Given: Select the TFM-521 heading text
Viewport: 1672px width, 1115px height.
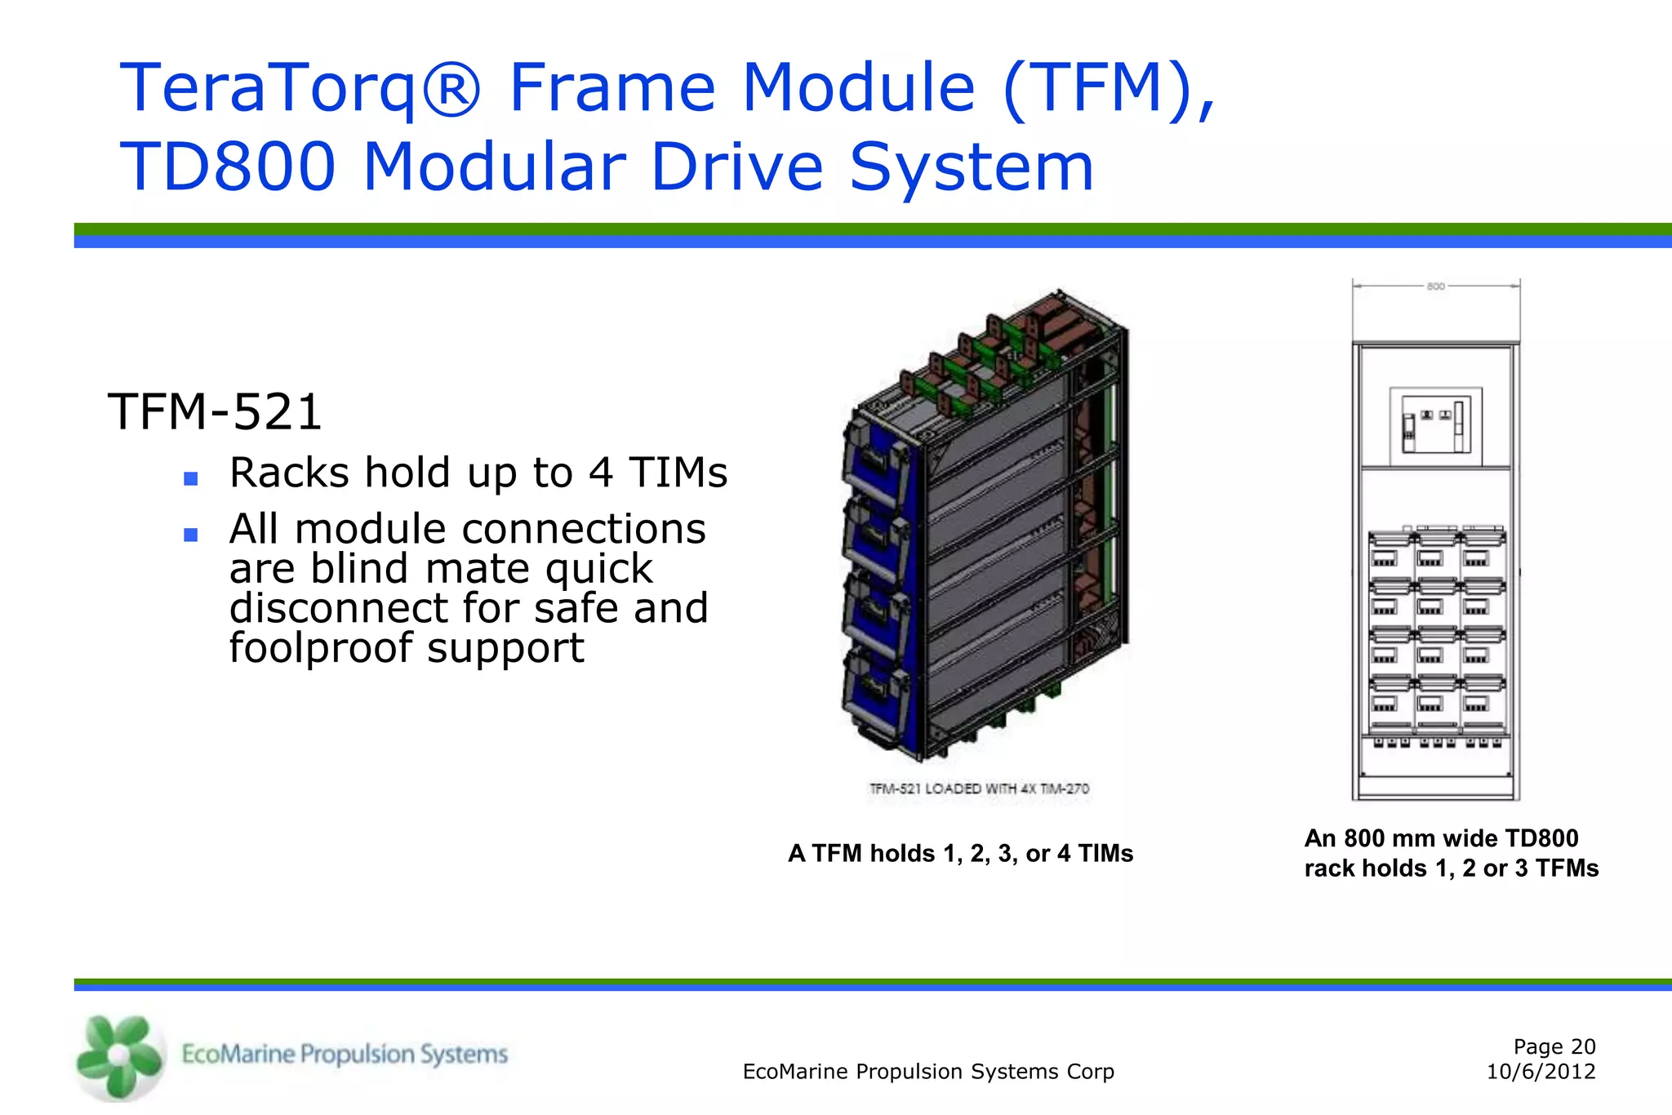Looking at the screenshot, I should [215, 411].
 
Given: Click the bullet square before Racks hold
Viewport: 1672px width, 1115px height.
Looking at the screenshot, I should [191, 479].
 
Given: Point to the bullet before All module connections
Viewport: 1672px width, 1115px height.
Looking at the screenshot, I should [191, 535].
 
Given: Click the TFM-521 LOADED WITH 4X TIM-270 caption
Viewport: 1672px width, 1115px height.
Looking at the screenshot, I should [979, 788].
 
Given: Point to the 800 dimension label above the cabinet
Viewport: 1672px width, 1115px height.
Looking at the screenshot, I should [1435, 287].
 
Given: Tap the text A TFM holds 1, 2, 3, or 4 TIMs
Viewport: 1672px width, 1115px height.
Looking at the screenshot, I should [960, 854].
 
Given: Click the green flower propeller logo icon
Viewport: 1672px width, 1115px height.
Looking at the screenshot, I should [119, 1056].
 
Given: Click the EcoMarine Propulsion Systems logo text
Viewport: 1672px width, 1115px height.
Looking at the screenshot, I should [344, 1054].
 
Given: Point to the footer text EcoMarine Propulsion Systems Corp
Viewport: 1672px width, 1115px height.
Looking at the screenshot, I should [928, 1072].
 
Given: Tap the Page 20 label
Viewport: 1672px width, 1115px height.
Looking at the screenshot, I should [1554, 1046].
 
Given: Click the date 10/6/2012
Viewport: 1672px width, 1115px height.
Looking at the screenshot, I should [1541, 1072].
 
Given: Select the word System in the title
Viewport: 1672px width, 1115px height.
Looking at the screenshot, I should [971, 167].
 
